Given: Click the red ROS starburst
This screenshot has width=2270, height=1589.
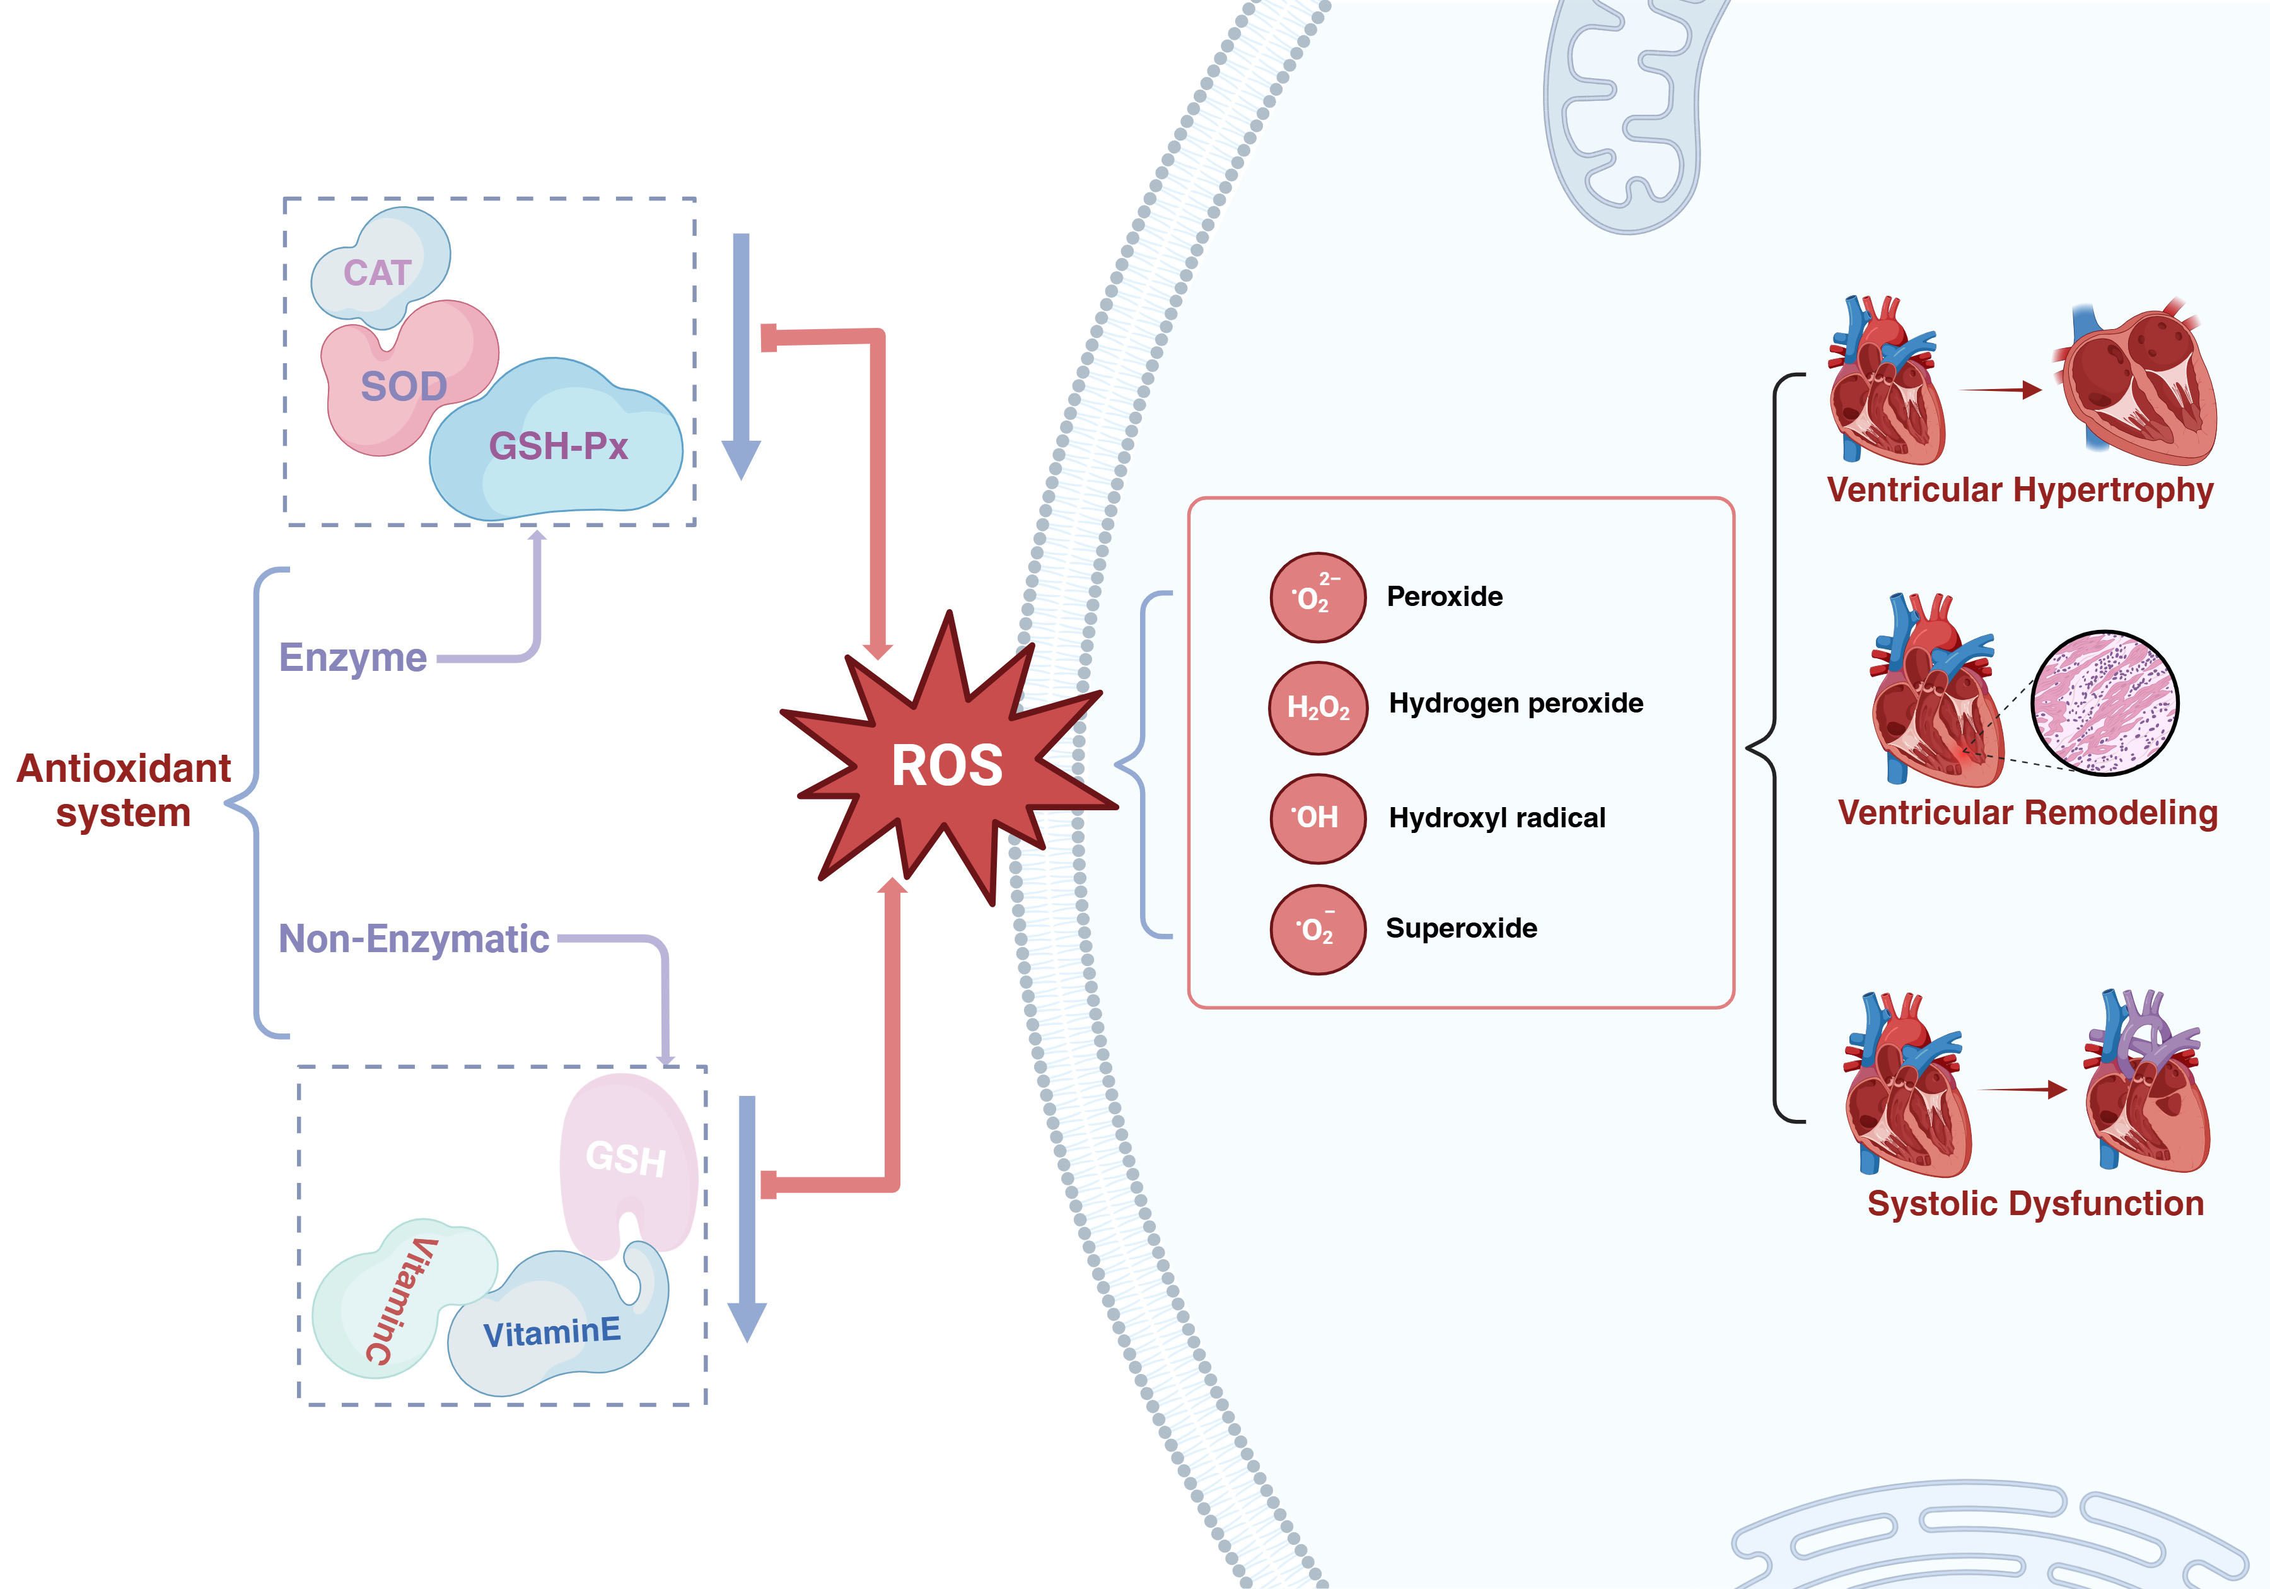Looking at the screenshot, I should point(947,764).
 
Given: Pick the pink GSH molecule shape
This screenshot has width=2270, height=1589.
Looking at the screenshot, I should point(626,1157).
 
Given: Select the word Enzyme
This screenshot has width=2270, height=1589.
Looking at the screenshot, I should point(353,658).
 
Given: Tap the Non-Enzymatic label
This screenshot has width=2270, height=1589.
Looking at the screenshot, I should point(413,938).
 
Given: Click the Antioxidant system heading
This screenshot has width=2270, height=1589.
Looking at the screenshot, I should point(124,790).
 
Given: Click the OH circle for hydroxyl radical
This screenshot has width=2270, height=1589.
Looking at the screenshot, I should point(1318,818).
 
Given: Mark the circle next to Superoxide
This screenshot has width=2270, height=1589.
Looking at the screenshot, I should point(1318,929).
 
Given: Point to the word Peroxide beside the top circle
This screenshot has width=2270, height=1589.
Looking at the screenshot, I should point(1445,597).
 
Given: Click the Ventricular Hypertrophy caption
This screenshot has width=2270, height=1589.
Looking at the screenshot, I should point(2020,491).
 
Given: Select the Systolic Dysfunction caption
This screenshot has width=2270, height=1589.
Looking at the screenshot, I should point(2035,1203).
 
